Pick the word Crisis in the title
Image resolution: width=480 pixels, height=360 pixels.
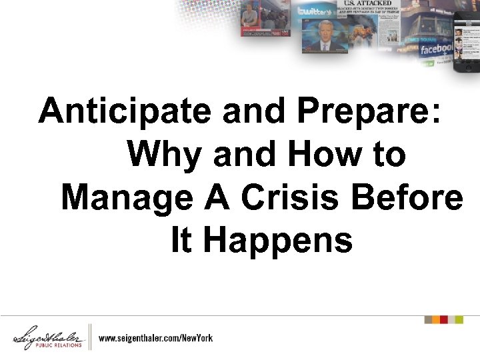coord(297,198)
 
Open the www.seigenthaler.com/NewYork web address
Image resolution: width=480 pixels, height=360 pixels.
coord(156,338)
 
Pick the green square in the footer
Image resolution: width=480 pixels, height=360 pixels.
coord(459,320)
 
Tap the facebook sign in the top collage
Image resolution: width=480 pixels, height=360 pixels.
coord(436,49)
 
